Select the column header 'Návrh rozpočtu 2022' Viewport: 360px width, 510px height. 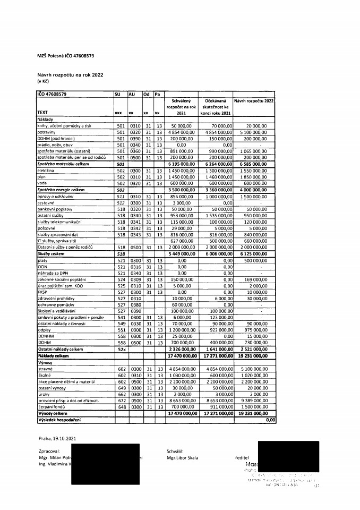click(252, 100)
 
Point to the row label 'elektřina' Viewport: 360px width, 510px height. click(47, 171)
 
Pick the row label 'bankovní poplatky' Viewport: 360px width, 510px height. click(54, 210)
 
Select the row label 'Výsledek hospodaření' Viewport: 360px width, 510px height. click(58, 420)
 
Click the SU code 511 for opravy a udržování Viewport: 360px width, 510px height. click(120, 196)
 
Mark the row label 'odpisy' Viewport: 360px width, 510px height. click(44, 329)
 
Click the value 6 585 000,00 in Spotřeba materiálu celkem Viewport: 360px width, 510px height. click(254, 164)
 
